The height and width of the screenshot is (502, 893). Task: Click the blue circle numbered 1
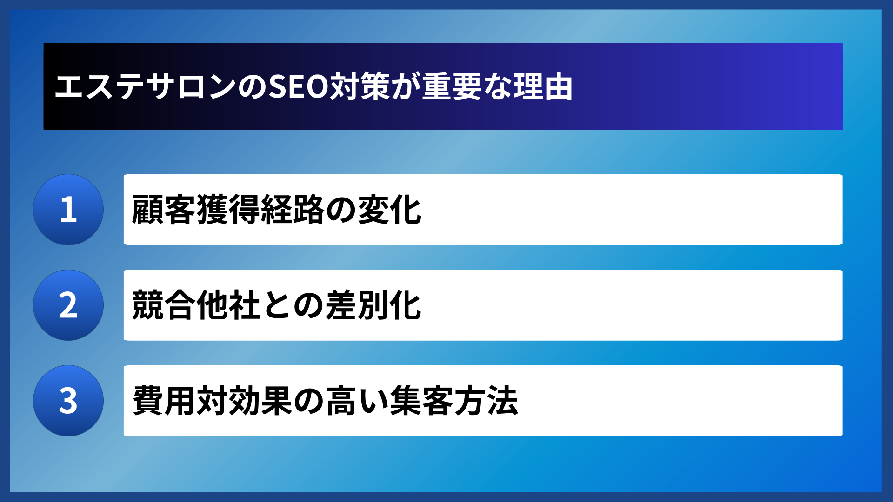tap(68, 210)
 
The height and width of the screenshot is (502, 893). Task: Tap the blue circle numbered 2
tap(68, 305)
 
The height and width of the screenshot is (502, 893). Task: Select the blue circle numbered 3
tap(68, 401)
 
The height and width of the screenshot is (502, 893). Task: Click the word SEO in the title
tap(299, 87)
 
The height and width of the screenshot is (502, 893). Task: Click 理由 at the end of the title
tap(543, 87)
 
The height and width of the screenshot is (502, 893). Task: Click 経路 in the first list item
tap(293, 210)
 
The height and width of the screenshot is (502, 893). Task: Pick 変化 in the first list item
tap(390, 210)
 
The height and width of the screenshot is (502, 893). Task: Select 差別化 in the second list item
tap(373, 305)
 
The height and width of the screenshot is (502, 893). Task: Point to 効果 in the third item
tap(260, 401)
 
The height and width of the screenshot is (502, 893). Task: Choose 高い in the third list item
tap(357, 401)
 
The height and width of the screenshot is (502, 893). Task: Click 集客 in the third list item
tap(421, 401)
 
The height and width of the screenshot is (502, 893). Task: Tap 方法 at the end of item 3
tap(486, 401)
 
